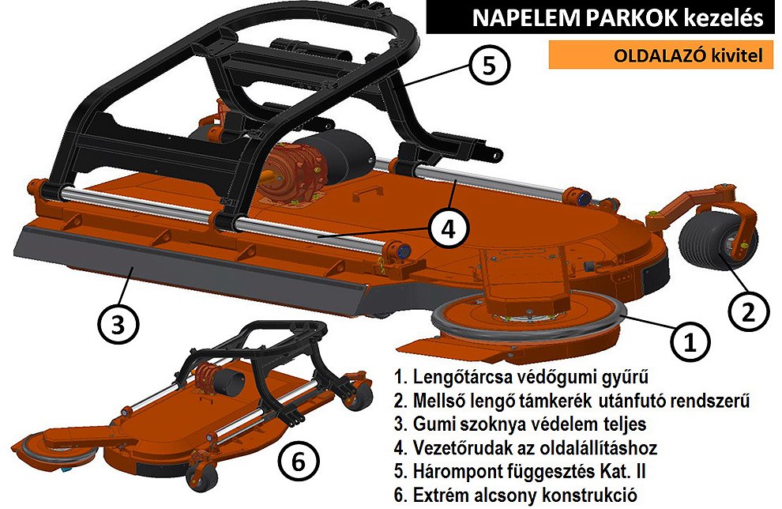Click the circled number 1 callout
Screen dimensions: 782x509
tap(690, 341)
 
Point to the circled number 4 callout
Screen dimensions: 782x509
tap(449, 229)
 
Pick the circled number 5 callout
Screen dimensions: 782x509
tap(489, 66)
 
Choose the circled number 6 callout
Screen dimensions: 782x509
tap(299, 461)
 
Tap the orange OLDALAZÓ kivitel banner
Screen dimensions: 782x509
tap(661, 55)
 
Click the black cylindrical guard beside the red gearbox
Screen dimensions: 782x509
tap(344, 156)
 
